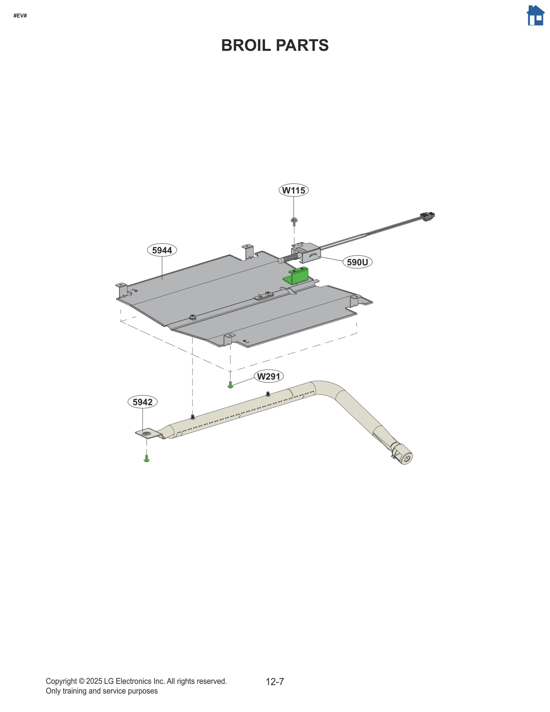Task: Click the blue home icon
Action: tap(535, 15)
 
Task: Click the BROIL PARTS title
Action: tap(275, 45)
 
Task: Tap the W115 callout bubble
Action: tap(293, 190)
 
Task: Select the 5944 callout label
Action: tap(162, 250)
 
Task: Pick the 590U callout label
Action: tap(357, 262)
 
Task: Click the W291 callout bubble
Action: tap(269, 376)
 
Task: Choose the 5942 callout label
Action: tap(142, 402)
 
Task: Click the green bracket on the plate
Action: tap(297, 276)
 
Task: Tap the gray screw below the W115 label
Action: tap(294, 221)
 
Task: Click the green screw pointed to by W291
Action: tap(230, 385)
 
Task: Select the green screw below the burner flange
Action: tap(146, 458)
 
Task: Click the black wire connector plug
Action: tap(427, 217)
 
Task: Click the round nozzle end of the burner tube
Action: tap(406, 458)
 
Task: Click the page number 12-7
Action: tap(275, 681)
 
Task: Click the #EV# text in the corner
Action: tap(20, 16)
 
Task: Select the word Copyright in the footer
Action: tap(61, 681)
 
